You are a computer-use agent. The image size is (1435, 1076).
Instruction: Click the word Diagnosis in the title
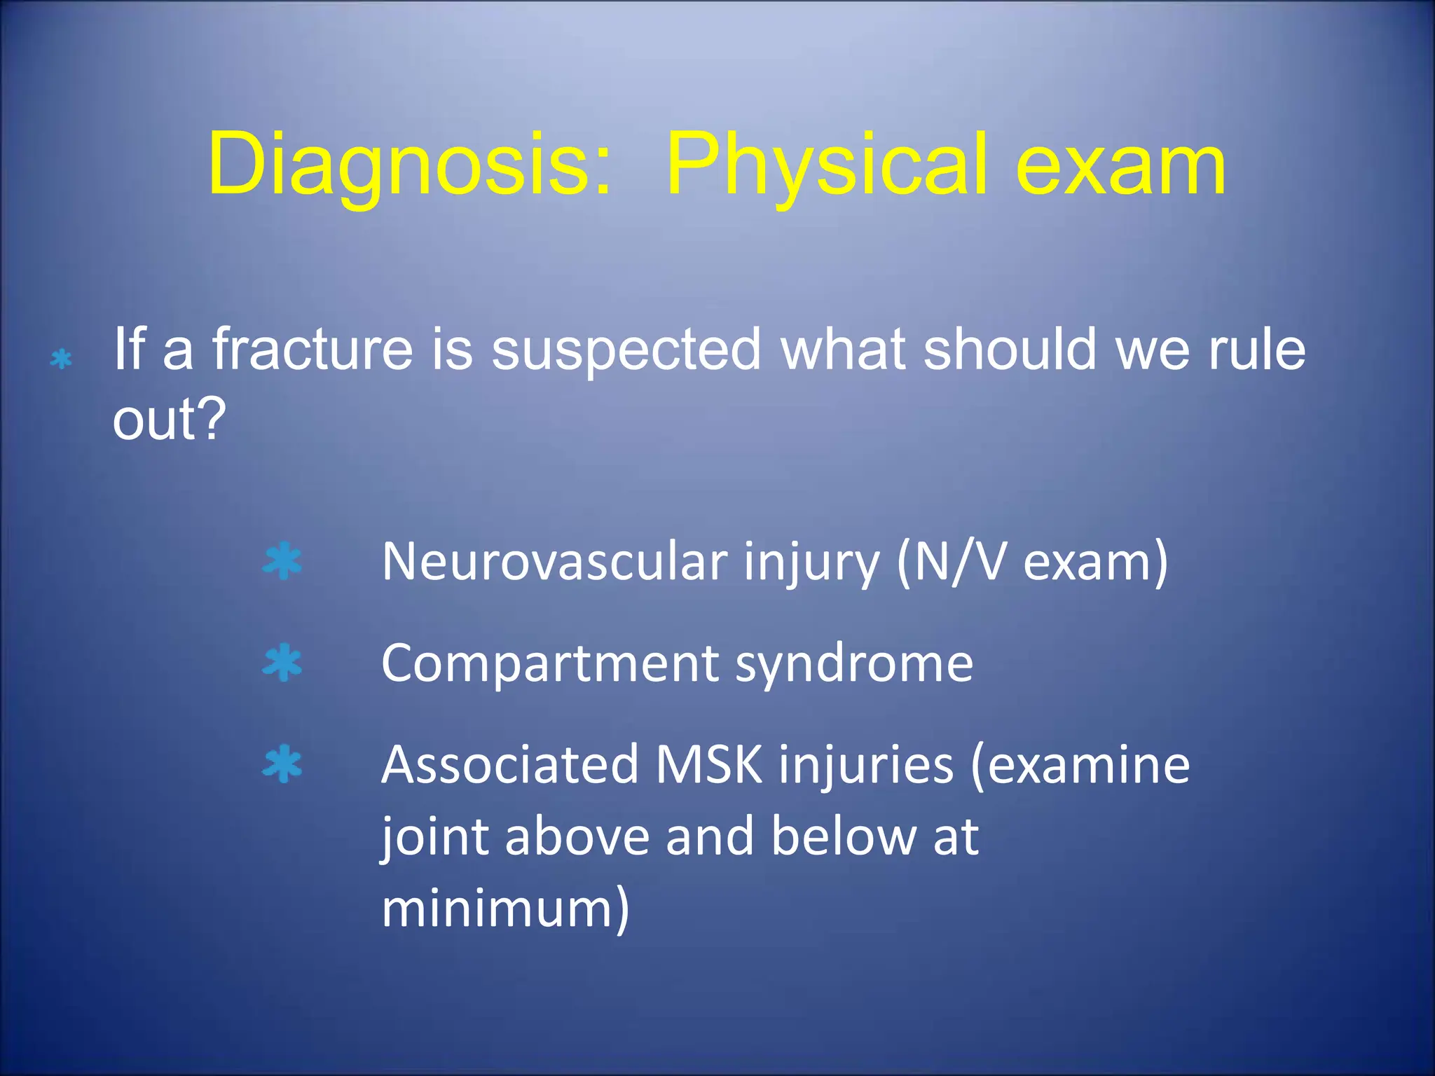(x=408, y=167)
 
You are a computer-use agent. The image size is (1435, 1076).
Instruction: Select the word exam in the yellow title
(x=1120, y=167)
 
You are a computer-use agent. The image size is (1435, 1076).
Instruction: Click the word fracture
(x=313, y=350)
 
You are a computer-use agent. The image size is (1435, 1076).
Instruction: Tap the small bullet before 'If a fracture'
(x=62, y=359)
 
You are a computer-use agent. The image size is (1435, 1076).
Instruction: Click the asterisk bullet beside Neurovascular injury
(x=282, y=561)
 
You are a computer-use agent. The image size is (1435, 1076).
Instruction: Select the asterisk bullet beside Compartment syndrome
(x=282, y=663)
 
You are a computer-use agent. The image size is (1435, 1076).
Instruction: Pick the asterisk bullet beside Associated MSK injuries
(x=282, y=764)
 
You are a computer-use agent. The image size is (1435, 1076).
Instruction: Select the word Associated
(x=510, y=766)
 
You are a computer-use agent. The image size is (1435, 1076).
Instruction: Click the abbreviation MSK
(x=708, y=766)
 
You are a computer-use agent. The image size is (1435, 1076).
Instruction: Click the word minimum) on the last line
(x=505, y=909)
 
